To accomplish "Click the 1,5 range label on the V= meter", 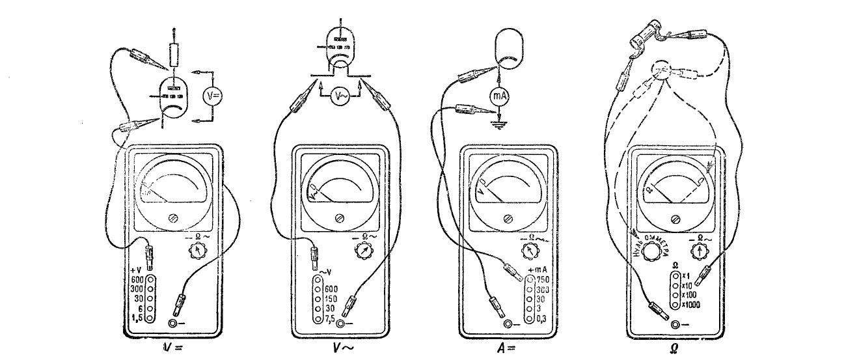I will click(x=137, y=318).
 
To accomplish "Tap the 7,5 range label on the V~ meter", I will click(x=331, y=318).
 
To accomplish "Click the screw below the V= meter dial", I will click(x=172, y=219).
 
